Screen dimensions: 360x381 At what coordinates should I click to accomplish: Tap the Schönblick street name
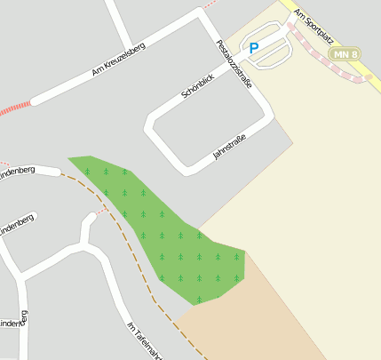coord(197,86)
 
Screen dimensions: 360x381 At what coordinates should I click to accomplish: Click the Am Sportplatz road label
coord(314,21)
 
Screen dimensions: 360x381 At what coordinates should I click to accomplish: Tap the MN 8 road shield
coord(345,54)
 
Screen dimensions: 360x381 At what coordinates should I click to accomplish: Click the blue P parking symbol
coord(254,49)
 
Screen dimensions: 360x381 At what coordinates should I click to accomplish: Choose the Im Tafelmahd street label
coord(140,339)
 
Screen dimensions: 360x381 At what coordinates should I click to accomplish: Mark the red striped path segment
coord(15,109)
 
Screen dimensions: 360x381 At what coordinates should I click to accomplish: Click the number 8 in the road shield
coord(353,54)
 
